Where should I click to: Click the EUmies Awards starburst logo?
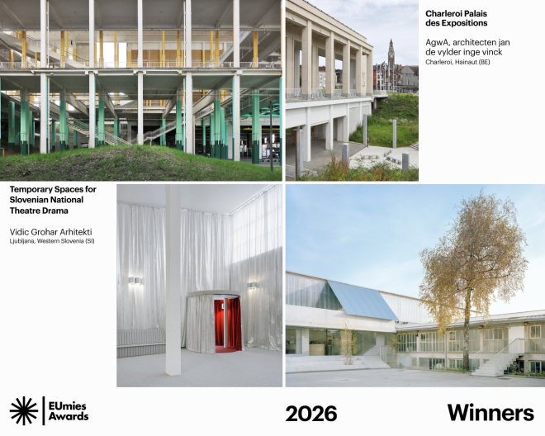[24, 410]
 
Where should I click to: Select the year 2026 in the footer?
[310, 413]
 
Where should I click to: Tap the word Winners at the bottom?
[490, 413]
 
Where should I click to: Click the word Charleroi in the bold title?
[443, 13]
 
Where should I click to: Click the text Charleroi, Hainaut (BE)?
[457, 62]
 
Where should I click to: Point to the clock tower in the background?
[391, 56]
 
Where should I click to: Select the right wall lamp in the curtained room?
[251, 285]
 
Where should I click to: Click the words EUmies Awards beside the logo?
[69, 410]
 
